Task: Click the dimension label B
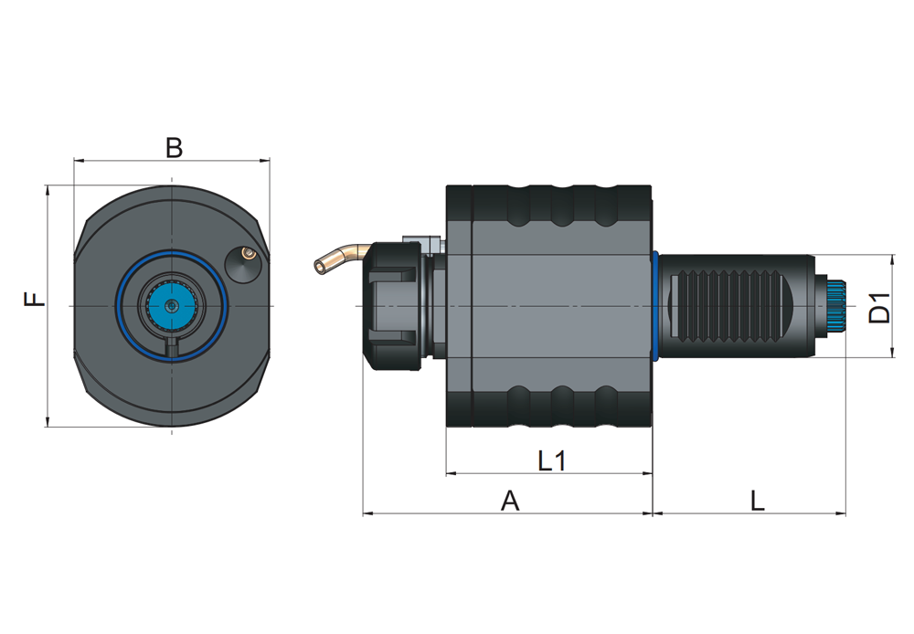(174, 147)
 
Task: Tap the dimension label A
(510, 501)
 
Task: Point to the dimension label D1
(879, 307)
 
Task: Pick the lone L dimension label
(757, 501)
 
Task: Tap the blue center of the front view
(171, 305)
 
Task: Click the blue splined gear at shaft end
(837, 305)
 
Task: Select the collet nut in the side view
(392, 305)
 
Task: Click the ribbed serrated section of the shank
(731, 305)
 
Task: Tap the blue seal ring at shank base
(655, 305)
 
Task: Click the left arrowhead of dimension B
(78, 161)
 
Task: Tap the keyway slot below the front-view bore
(171, 348)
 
